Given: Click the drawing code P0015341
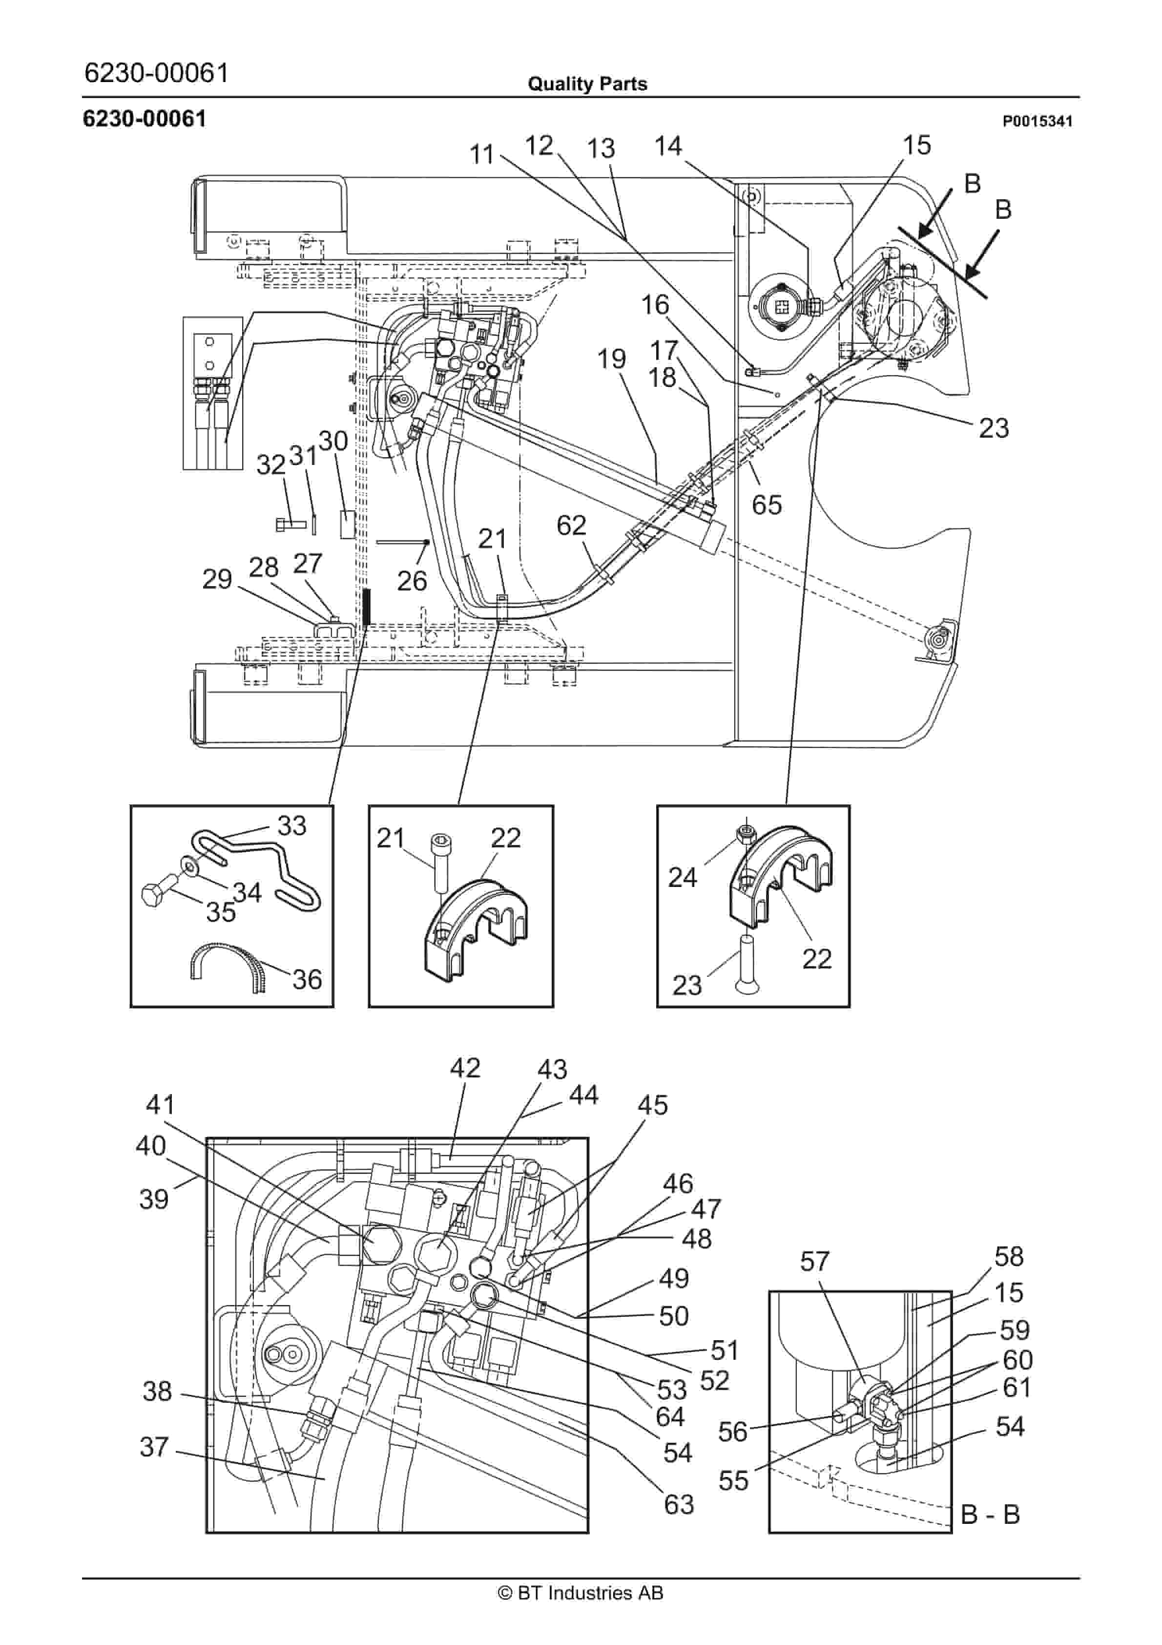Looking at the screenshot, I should tap(1037, 121).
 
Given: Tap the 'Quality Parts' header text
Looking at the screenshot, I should tap(587, 84).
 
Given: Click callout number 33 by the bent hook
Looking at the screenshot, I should tap(291, 825).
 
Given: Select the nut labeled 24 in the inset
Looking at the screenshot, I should tap(746, 833).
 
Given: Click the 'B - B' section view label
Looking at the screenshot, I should tap(989, 1515).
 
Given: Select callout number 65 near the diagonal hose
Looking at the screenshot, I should tap(766, 505).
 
